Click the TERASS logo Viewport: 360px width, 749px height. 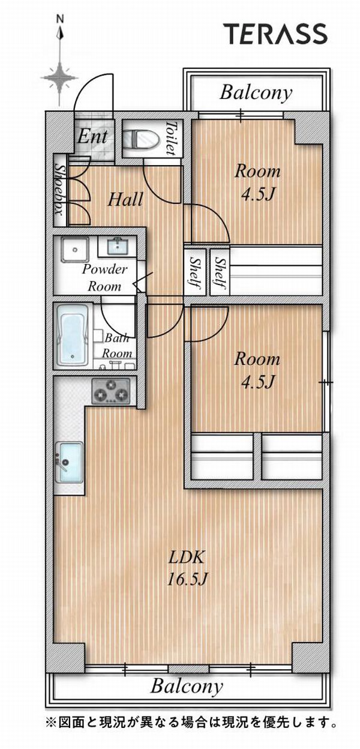pyautogui.click(x=277, y=34)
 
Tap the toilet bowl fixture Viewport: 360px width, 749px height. pyautogui.click(x=141, y=139)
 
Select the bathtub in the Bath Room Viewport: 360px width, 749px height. pyautogui.click(x=73, y=335)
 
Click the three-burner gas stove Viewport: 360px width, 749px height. pyautogui.click(x=111, y=391)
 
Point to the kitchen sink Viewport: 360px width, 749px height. pyautogui.click(x=69, y=462)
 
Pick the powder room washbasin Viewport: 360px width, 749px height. pyautogui.click(x=117, y=246)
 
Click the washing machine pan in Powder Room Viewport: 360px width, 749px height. pyautogui.click(x=75, y=250)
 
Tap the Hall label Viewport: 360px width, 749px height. pyautogui.click(x=125, y=200)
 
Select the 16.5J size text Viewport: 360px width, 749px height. pyautogui.click(x=187, y=579)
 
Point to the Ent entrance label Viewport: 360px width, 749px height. pyautogui.click(x=92, y=136)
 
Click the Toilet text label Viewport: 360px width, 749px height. pyautogui.click(x=170, y=138)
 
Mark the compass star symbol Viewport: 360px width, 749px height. pyautogui.click(x=60, y=77)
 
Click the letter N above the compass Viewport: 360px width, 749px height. pyautogui.click(x=60, y=20)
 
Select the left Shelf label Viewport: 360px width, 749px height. pyautogui.click(x=194, y=272)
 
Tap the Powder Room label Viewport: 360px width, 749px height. pyautogui.click(x=104, y=277)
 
